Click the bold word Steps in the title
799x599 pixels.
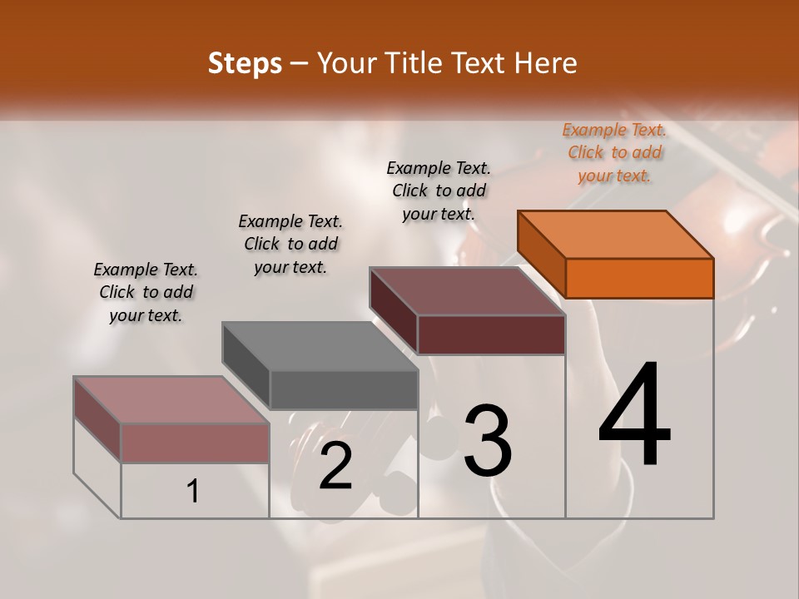pyautogui.click(x=245, y=63)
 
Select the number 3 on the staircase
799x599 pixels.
pyautogui.click(x=488, y=441)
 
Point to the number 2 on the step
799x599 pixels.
pyautogui.click(x=336, y=466)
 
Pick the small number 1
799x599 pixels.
pyautogui.click(x=193, y=492)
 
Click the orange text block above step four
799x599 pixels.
pyautogui.click(x=614, y=152)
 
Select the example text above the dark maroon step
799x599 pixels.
pyautogui.click(x=439, y=191)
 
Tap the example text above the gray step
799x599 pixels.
pyautogui.click(x=290, y=244)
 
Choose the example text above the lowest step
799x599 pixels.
pyautogui.click(x=146, y=292)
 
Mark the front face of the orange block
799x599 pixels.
pyautogui.click(x=639, y=278)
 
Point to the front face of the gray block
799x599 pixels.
pyautogui.click(x=344, y=389)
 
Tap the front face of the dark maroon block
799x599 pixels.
pyautogui.click(x=491, y=334)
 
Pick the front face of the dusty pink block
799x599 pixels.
pyautogui.click(x=195, y=443)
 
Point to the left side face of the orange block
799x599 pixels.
pyautogui.click(x=542, y=253)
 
